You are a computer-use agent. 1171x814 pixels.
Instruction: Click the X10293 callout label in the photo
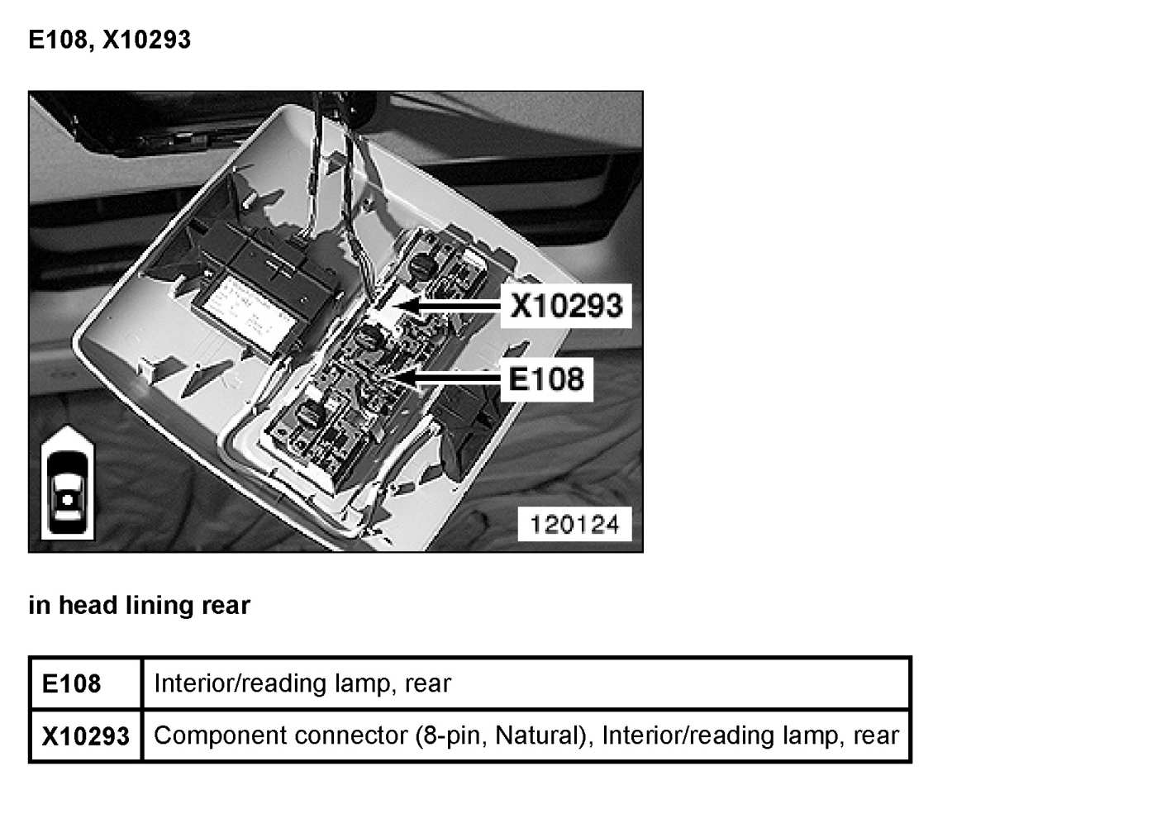[565, 306]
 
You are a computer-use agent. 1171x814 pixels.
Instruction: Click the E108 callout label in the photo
[545, 379]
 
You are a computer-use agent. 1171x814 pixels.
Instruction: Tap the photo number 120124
[574, 525]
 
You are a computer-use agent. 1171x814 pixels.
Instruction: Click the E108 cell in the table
[72, 684]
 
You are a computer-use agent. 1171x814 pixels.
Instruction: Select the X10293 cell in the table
[85, 736]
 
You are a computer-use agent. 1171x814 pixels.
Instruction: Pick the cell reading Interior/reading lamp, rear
[302, 683]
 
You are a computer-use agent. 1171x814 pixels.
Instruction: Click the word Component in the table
[220, 735]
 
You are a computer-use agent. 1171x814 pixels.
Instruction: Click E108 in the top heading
[58, 40]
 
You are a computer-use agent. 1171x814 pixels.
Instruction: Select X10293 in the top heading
[146, 40]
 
